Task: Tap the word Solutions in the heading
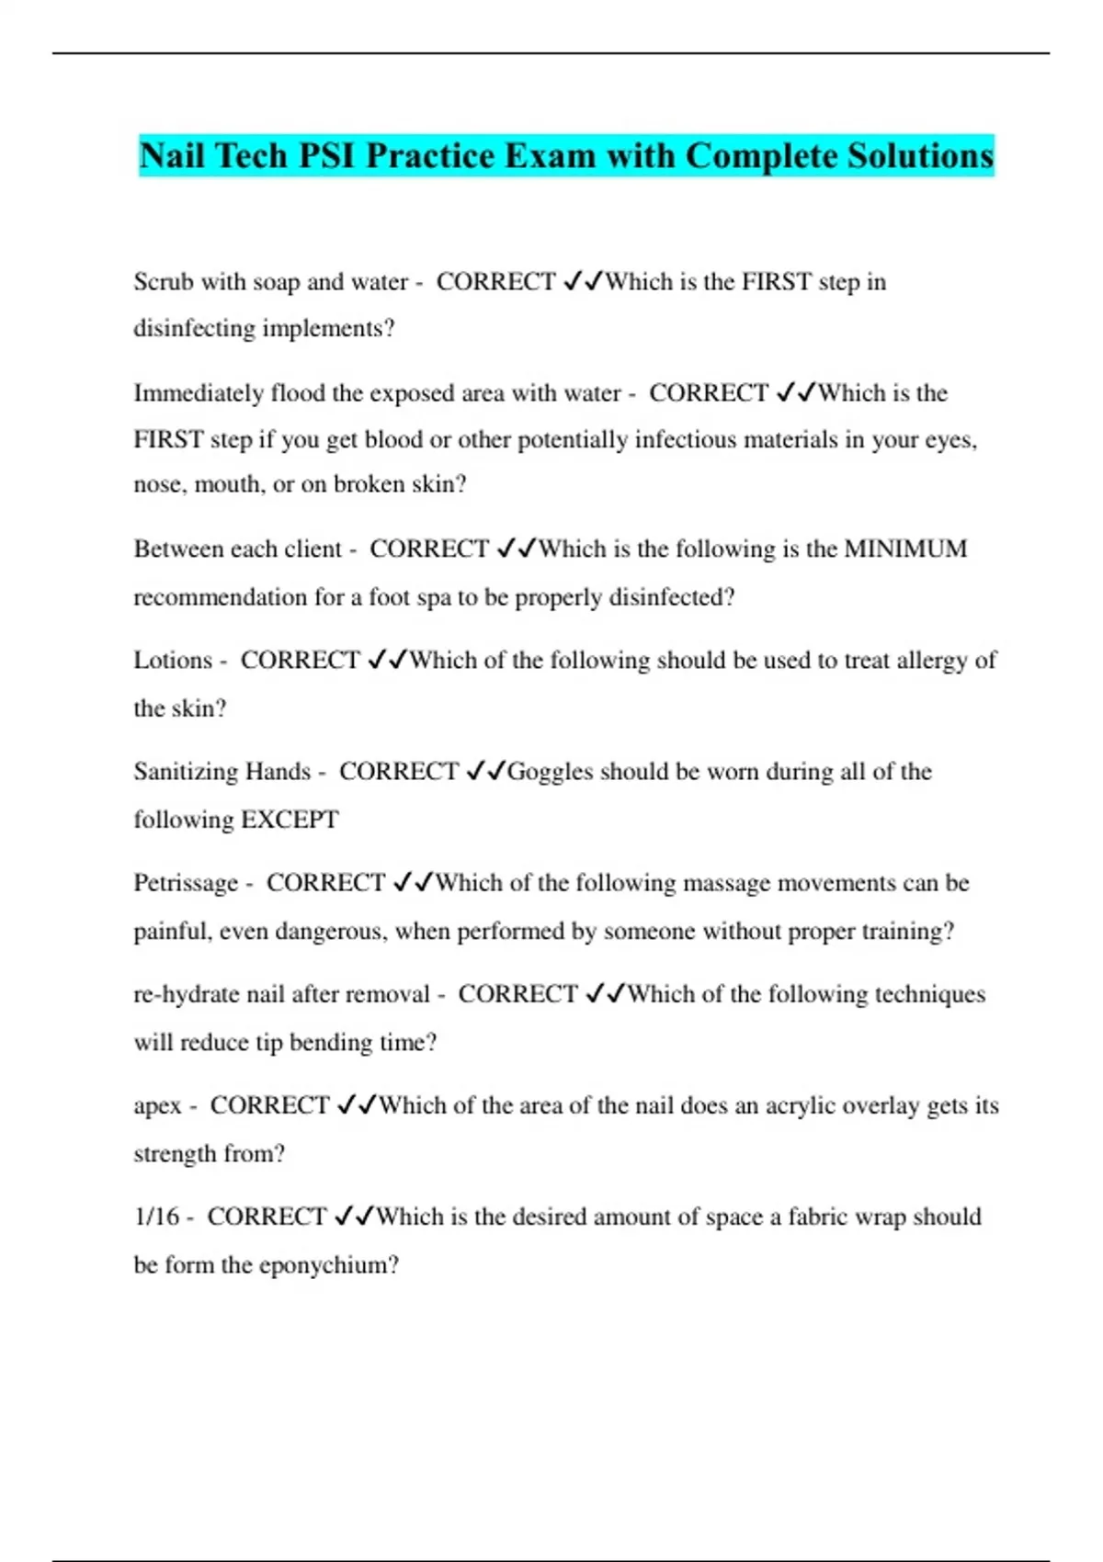tap(920, 155)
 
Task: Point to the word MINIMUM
tap(905, 549)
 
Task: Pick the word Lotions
tap(173, 660)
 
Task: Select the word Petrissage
tap(186, 883)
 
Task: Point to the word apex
tap(157, 1105)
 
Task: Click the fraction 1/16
tap(156, 1217)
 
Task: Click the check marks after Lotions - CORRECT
tap(387, 660)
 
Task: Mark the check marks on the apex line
tap(357, 1105)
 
